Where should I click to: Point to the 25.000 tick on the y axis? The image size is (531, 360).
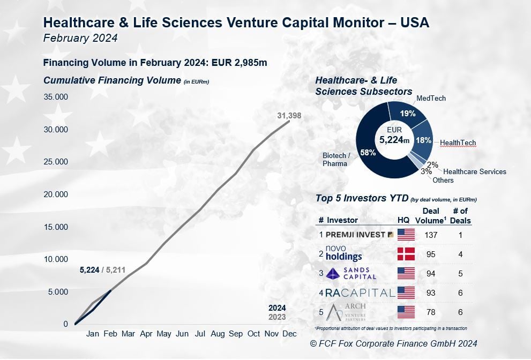tap(56, 162)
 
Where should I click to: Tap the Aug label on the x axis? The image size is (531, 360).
tap(218, 334)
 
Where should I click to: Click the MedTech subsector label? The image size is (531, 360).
tap(431, 99)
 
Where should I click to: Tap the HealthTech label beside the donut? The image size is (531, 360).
tap(458, 143)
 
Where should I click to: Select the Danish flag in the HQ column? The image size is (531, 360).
tap(406, 253)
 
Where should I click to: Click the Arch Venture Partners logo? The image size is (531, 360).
tap(351, 312)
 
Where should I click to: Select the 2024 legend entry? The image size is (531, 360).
tap(277, 308)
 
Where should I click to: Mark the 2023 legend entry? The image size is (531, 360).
tap(277, 317)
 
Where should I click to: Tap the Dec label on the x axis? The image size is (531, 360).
tap(290, 334)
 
